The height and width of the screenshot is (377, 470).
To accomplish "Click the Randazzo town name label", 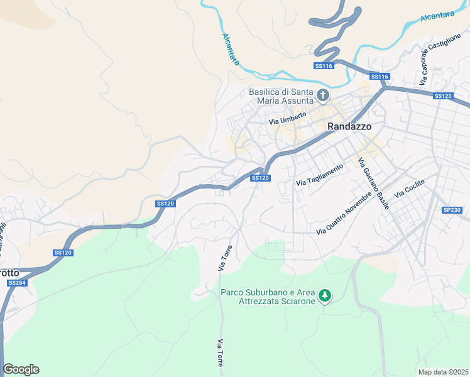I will coord(349,126).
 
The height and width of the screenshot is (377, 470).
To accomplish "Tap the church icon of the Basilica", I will coord(323,96).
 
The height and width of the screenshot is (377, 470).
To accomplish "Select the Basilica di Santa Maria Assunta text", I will coord(281,96).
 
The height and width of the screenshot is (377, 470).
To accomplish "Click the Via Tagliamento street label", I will coord(320,175).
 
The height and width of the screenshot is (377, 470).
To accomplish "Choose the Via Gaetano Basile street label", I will coord(373,183).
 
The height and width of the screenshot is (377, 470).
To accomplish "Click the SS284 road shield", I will coord(16,283).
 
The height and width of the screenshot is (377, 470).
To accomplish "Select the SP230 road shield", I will coord(452,210).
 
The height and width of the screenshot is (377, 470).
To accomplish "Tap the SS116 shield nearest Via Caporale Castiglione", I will coord(380,77).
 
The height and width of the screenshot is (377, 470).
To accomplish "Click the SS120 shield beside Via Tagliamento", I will coord(260,178).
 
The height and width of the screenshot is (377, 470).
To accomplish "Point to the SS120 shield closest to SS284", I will coord(63,253).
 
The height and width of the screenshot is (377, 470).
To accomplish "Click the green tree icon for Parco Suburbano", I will coord(324,295).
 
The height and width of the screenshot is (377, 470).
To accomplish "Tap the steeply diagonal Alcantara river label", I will coord(231,48).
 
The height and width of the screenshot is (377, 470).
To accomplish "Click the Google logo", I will coord(21,369).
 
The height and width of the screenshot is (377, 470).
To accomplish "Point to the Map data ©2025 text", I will coord(443,372).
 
